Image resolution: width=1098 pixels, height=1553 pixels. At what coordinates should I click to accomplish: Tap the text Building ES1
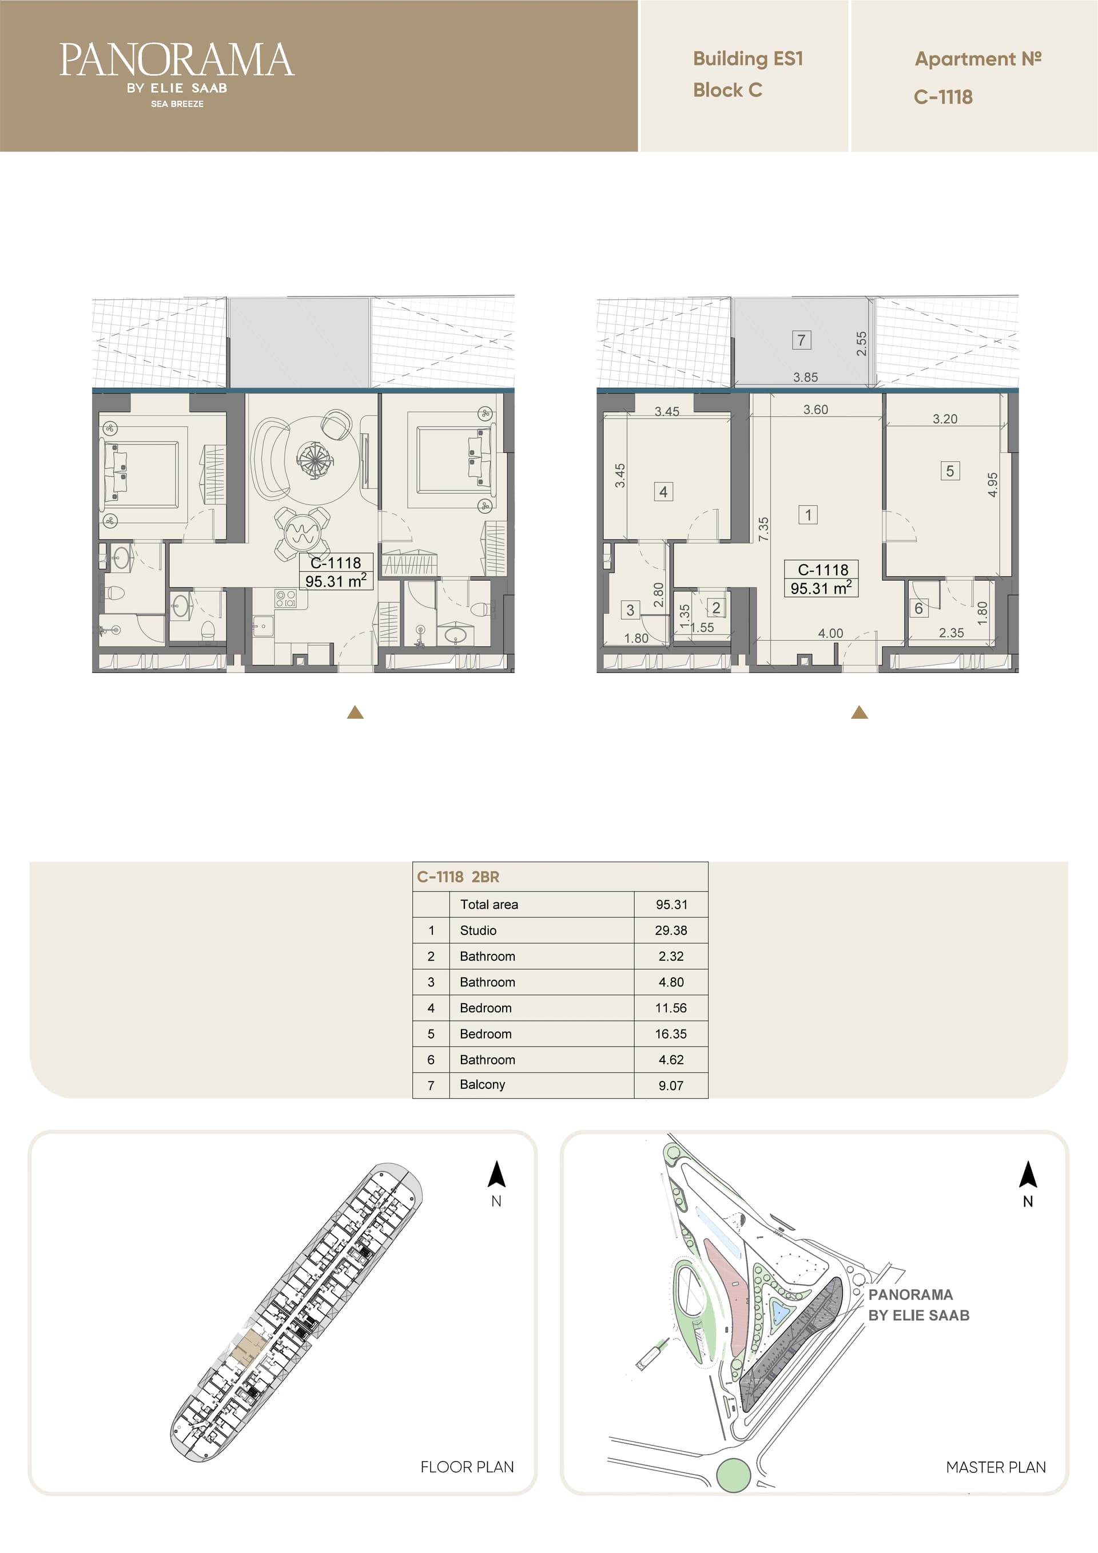coord(748,59)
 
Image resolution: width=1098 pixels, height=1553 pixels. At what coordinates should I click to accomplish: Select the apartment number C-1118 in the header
coord(943,97)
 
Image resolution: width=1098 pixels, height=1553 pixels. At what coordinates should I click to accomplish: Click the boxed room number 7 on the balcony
coord(801,340)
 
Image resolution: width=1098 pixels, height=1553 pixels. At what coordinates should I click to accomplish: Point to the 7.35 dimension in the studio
coord(763,529)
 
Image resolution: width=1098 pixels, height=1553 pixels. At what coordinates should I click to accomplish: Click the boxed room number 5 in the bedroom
coord(950,471)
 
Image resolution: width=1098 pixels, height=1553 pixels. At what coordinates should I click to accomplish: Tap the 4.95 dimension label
coord(993,484)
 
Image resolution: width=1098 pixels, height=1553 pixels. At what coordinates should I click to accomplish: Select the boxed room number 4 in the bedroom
coord(663,492)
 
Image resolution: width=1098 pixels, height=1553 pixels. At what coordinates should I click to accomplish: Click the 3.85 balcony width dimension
coord(805,378)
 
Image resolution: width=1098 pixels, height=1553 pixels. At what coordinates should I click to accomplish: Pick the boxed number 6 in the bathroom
coord(918,608)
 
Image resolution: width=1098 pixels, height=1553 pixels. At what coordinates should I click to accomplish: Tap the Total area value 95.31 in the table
coord(671,904)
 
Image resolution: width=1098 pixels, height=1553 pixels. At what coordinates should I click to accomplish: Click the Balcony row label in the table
coord(482,1084)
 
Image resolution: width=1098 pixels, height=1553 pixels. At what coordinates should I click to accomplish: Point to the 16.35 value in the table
coord(671,1033)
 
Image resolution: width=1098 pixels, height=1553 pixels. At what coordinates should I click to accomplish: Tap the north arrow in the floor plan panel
coord(497,1174)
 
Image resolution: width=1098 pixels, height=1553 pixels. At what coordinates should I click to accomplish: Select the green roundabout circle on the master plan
coord(733,1475)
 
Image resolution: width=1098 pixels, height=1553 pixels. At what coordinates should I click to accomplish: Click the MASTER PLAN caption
coord(995,1467)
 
